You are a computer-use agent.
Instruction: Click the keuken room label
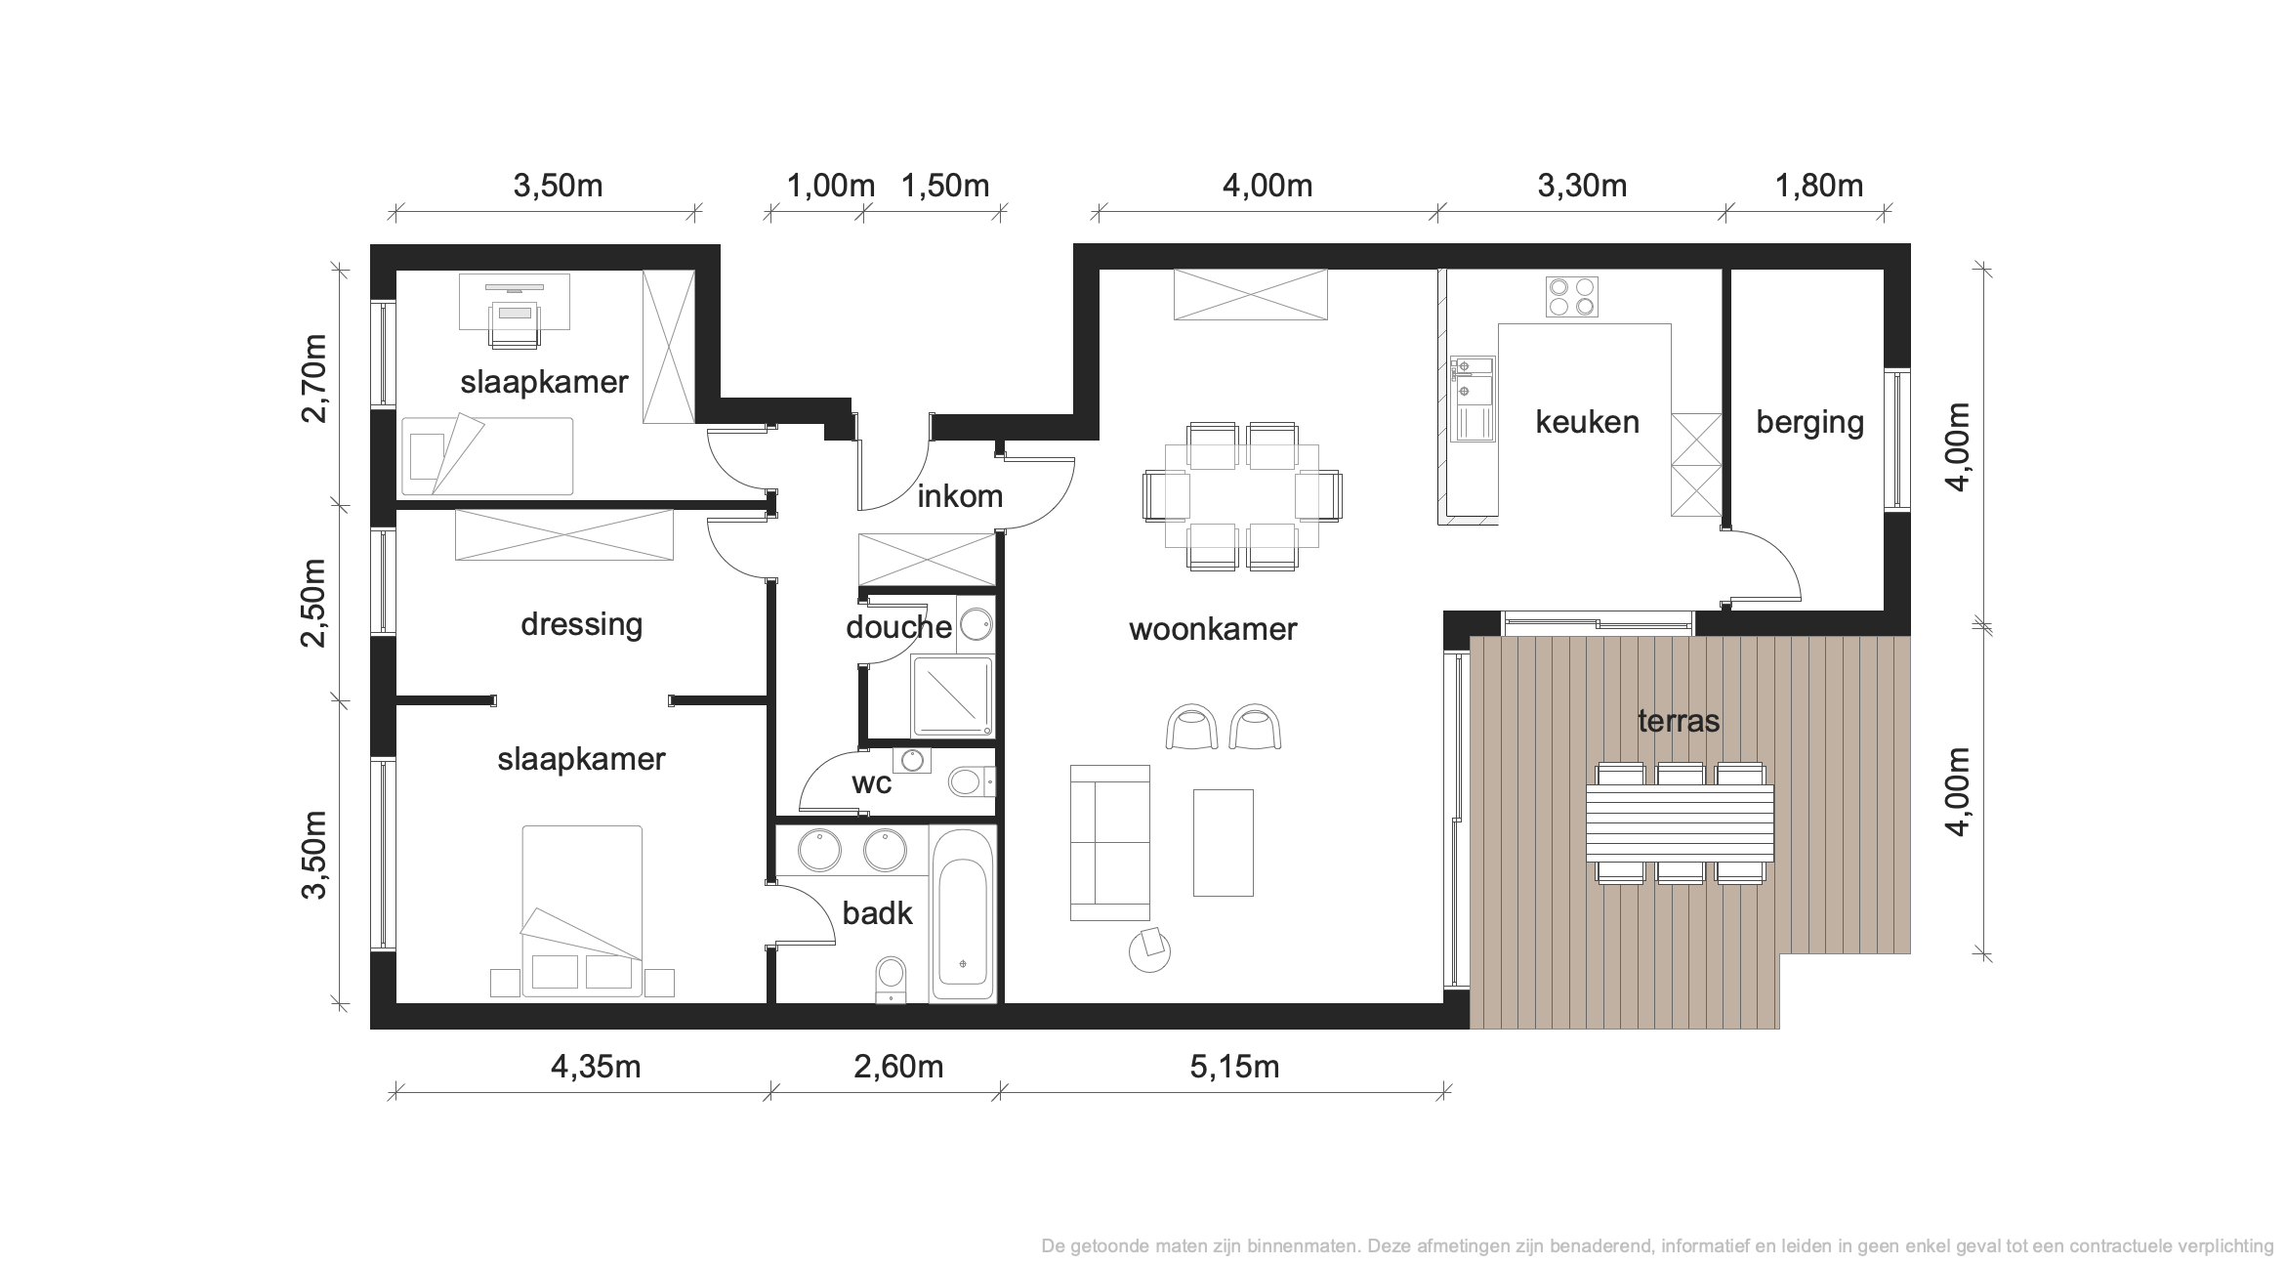click(x=1587, y=422)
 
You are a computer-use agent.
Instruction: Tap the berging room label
click(x=1809, y=422)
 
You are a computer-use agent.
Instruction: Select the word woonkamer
click(x=1213, y=629)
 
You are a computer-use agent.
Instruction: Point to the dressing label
click(x=581, y=624)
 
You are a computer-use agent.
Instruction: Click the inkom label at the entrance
click(x=960, y=496)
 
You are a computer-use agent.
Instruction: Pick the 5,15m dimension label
click(x=1234, y=1067)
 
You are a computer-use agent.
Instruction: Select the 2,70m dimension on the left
click(x=314, y=378)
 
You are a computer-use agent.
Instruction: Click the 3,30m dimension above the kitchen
click(x=1582, y=186)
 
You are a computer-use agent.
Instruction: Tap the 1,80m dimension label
click(x=1818, y=186)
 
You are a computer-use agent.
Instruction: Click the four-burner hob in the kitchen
click(x=1572, y=297)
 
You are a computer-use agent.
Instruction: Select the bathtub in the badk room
click(x=963, y=913)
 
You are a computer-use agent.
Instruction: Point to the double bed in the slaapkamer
click(x=582, y=911)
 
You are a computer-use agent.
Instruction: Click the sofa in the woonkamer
click(x=1110, y=843)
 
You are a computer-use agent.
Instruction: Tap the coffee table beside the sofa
click(x=1223, y=843)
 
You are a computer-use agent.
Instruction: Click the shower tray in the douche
click(x=952, y=696)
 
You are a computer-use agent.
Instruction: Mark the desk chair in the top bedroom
click(x=515, y=324)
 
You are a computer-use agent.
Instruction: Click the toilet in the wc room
click(x=970, y=781)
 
